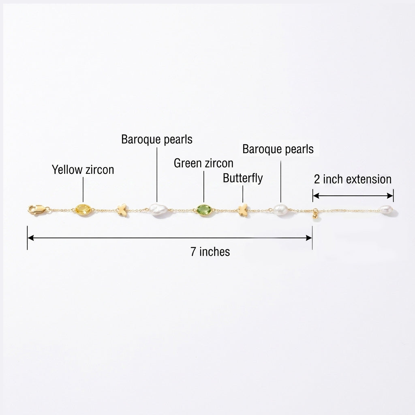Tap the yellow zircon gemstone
(x=83, y=210)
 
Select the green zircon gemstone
(x=204, y=210)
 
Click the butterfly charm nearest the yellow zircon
(x=122, y=210)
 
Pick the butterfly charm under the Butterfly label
(x=243, y=210)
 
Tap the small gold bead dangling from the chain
(x=315, y=216)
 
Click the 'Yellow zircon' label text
(x=83, y=170)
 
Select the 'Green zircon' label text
(x=203, y=163)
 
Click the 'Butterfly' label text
(x=243, y=178)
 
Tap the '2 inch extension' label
(x=353, y=179)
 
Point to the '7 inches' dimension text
(x=210, y=252)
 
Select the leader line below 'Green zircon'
(x=204, y=186)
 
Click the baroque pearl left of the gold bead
(x=280, y=210)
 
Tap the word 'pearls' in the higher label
(x=178, y=140)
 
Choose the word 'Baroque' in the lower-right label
(x=262, y=149)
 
